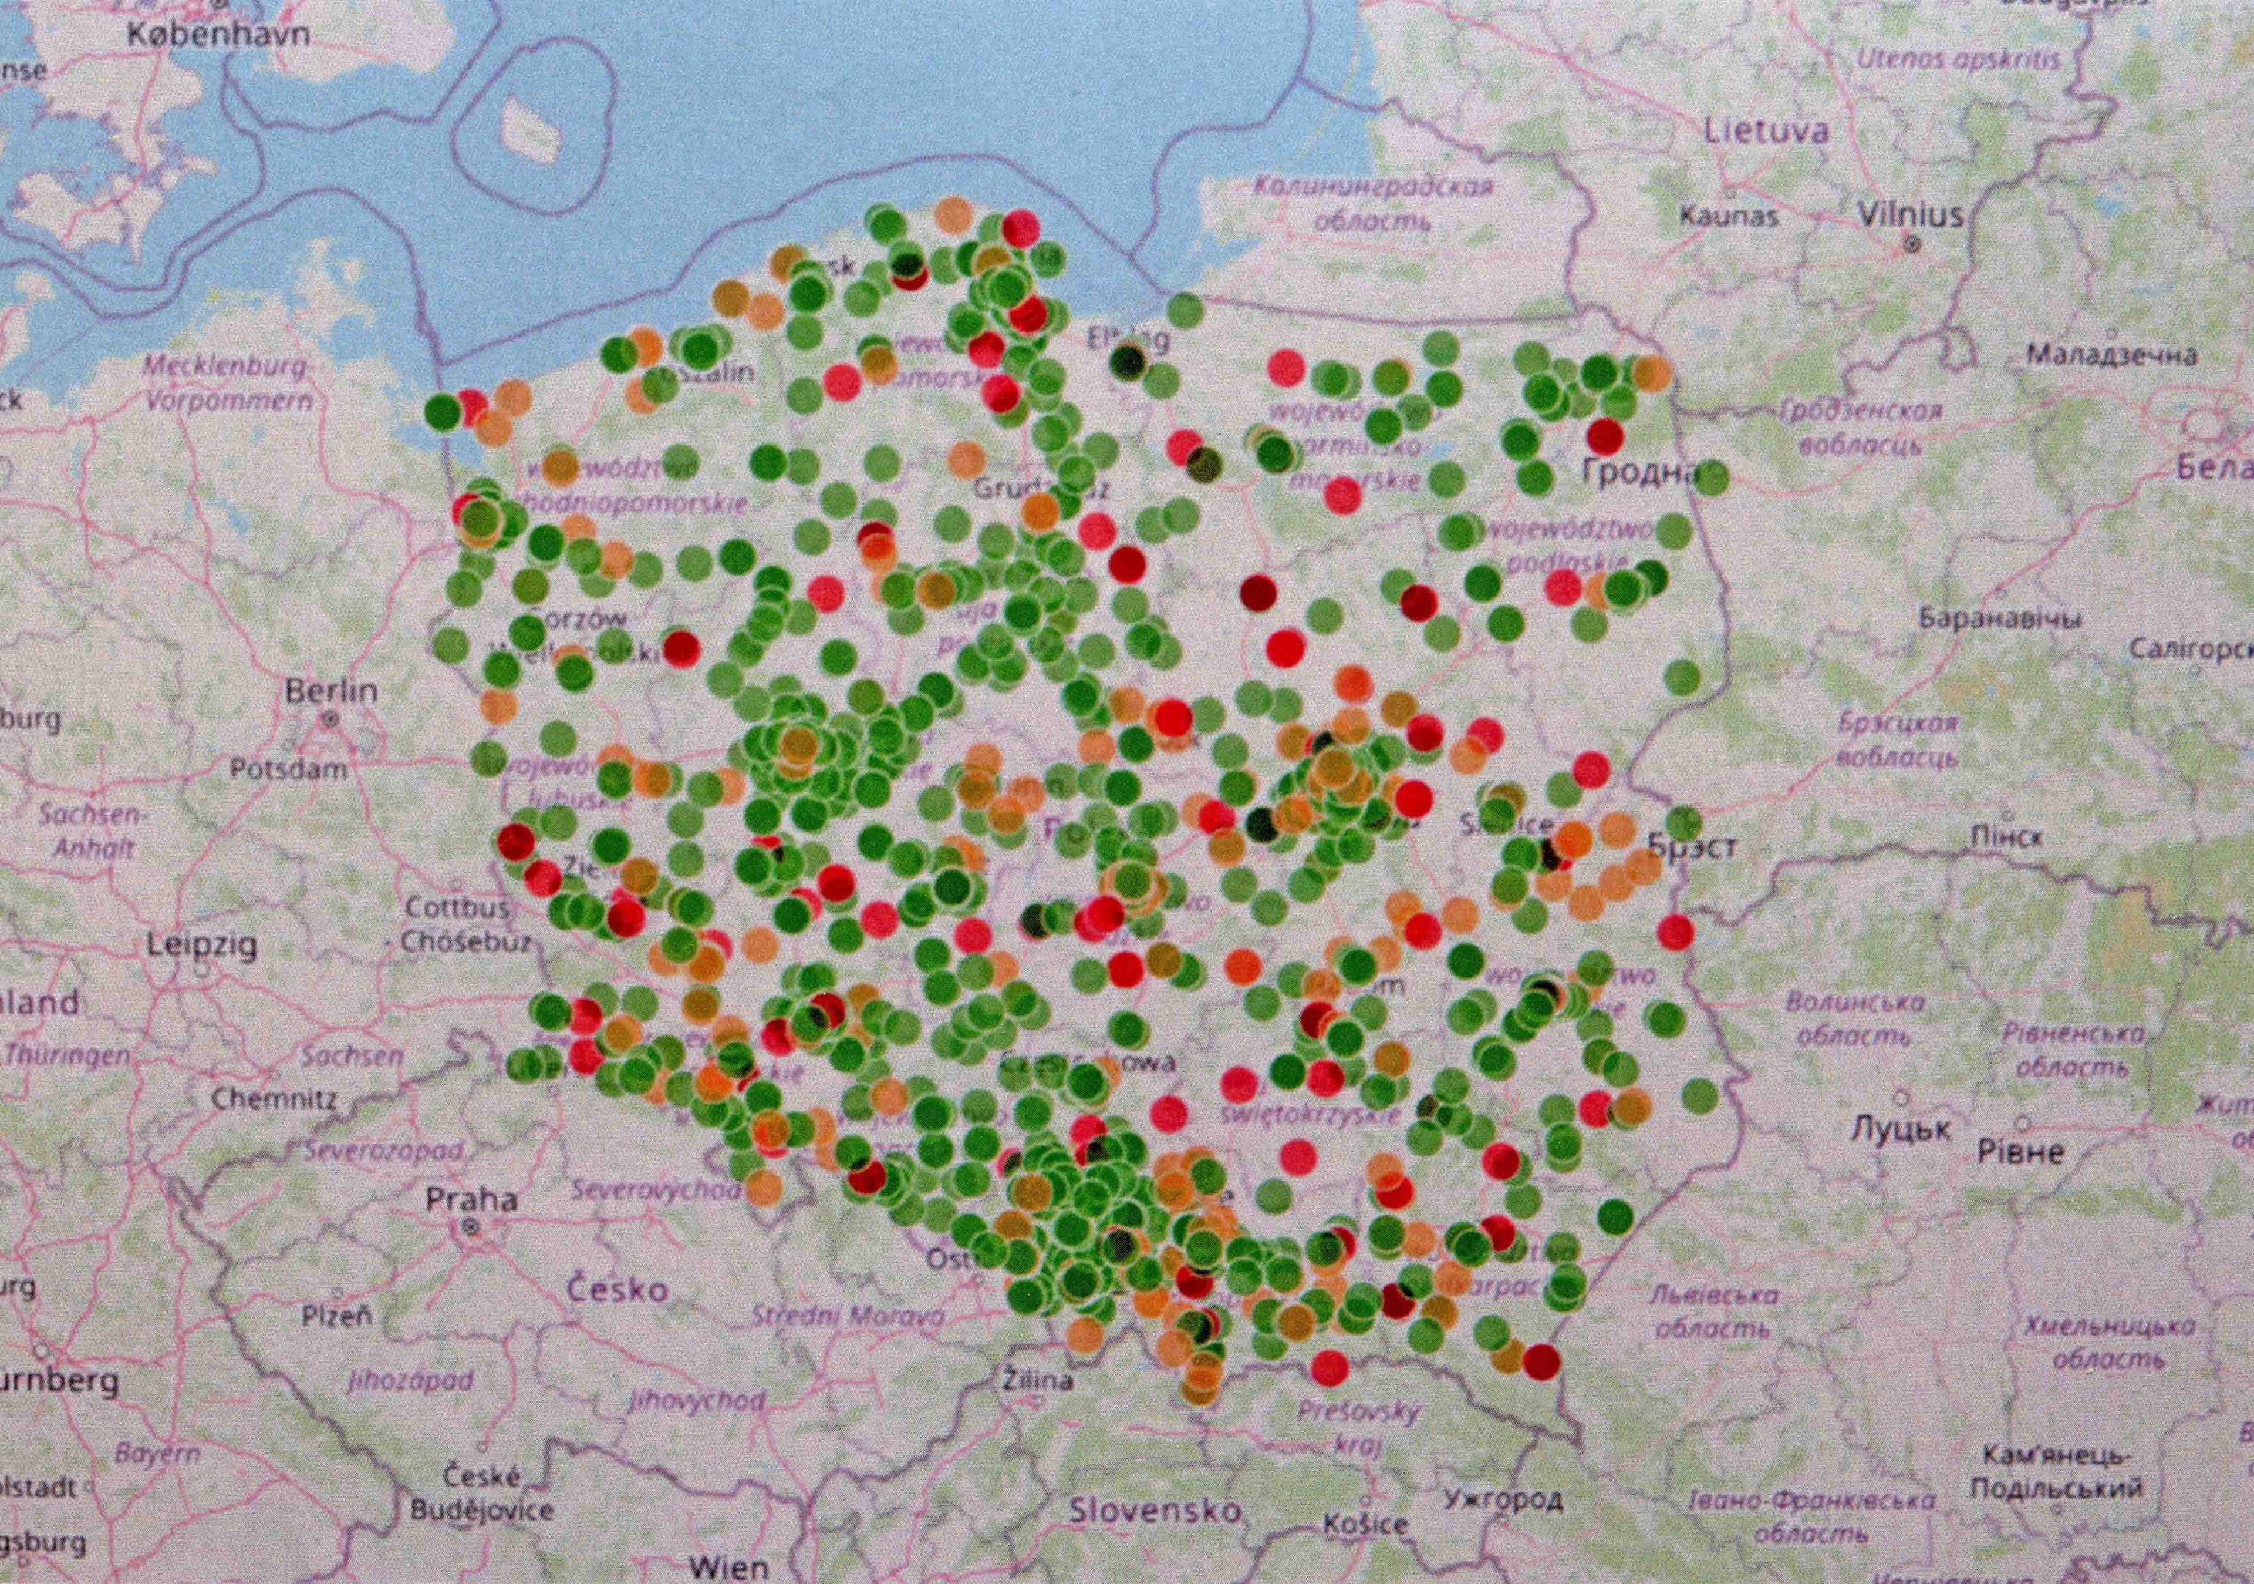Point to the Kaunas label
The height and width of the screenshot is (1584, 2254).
point(1728,215)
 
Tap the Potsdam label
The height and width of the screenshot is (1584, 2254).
point(289,768)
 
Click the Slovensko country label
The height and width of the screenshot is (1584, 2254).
point(1155,1511)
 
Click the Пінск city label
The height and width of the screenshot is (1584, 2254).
point(2007,837)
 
